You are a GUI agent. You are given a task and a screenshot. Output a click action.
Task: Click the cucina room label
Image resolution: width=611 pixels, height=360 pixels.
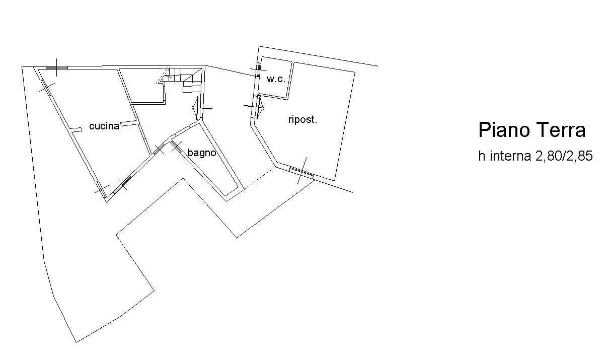(x=104, y=126)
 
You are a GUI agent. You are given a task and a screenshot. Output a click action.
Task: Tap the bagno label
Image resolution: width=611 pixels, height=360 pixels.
(x=202, y=152)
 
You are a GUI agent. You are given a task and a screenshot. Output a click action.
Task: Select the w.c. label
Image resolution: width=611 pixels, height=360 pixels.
(x=276, y=79)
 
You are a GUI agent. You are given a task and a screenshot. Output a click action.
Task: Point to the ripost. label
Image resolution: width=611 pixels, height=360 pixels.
(x=303, y=119)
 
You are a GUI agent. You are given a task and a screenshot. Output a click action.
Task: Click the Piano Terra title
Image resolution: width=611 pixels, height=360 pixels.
(x=532, y=130)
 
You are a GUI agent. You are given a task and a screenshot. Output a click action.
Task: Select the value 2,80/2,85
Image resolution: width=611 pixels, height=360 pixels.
(x=564, y=156)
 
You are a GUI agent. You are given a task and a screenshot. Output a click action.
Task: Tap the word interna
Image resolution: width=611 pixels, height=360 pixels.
(x=510, y=156)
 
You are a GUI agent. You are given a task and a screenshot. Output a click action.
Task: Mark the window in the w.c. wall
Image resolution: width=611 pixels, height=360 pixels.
(x=258, y=69)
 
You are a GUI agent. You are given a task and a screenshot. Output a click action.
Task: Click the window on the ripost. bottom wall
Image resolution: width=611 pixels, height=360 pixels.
(x=301, y=172)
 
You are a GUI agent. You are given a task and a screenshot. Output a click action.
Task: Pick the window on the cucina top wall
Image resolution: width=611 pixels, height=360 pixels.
(x=57, y=67)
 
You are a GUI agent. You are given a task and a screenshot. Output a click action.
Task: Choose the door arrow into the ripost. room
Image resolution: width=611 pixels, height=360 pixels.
(x=255, y=107)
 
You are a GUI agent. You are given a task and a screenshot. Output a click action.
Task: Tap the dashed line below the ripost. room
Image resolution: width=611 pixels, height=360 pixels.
(x=259, y=178)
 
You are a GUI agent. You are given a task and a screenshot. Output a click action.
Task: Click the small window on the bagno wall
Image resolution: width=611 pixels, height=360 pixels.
(x=177, y=147)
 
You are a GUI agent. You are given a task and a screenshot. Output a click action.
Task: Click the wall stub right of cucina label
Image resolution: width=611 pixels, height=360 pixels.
(x=128, y=123)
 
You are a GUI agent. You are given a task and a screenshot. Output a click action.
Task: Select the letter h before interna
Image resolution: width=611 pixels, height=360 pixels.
(x=482, y=156)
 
